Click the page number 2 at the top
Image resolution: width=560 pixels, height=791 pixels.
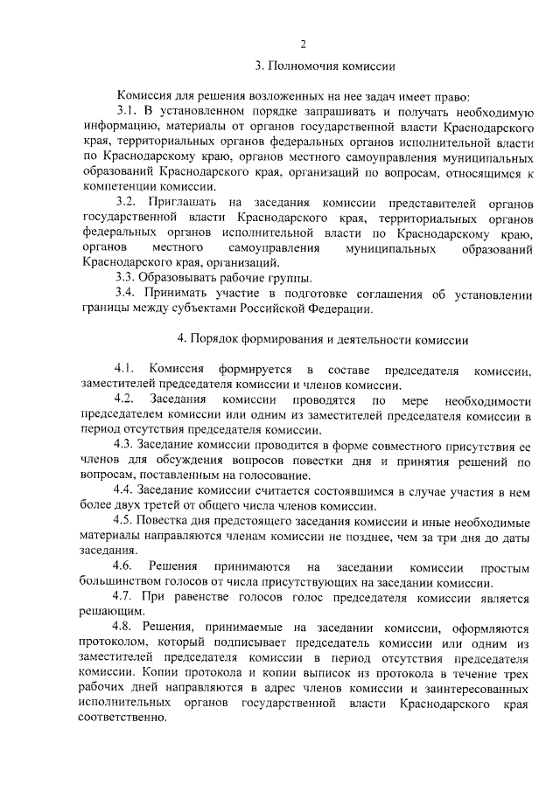(302, 45)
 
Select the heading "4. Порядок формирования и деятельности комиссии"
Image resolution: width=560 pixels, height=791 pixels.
(323, 339)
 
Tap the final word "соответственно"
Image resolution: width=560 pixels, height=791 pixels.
(123, 718)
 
